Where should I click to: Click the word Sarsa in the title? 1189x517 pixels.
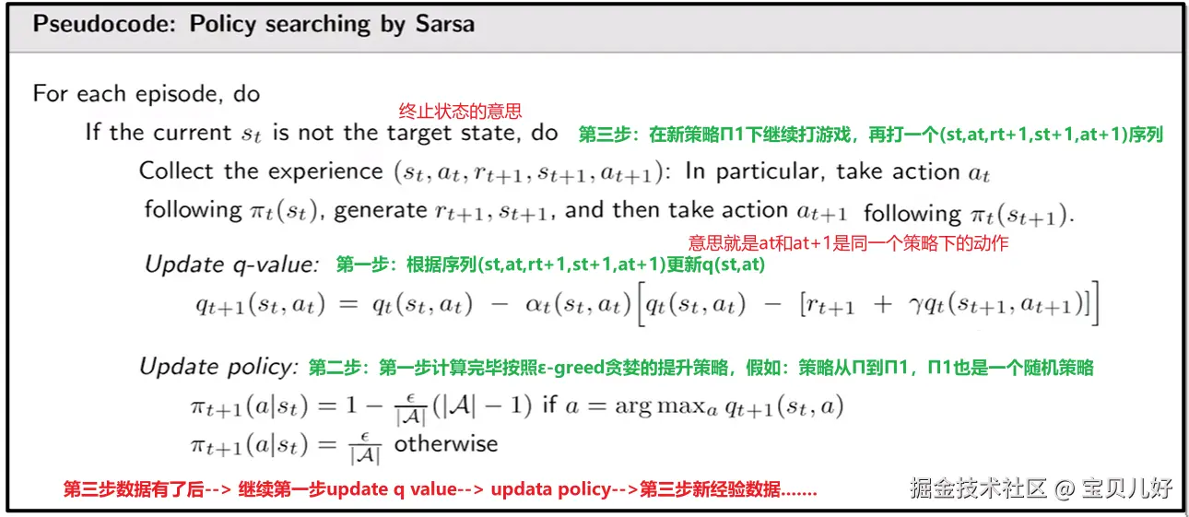click(445, 24)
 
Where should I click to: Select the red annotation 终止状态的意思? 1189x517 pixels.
click(460, 111)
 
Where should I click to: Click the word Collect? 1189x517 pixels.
click(176, 170)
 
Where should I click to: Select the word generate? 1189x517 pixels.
click(380, 211)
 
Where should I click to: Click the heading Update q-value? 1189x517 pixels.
click(232, 264)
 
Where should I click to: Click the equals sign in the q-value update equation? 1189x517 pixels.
click(348, 305)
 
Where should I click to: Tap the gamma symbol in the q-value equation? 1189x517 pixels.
click(916, 306)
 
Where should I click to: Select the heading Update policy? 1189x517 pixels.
click(218, 367)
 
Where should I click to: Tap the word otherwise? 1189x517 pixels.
click(446, 444)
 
